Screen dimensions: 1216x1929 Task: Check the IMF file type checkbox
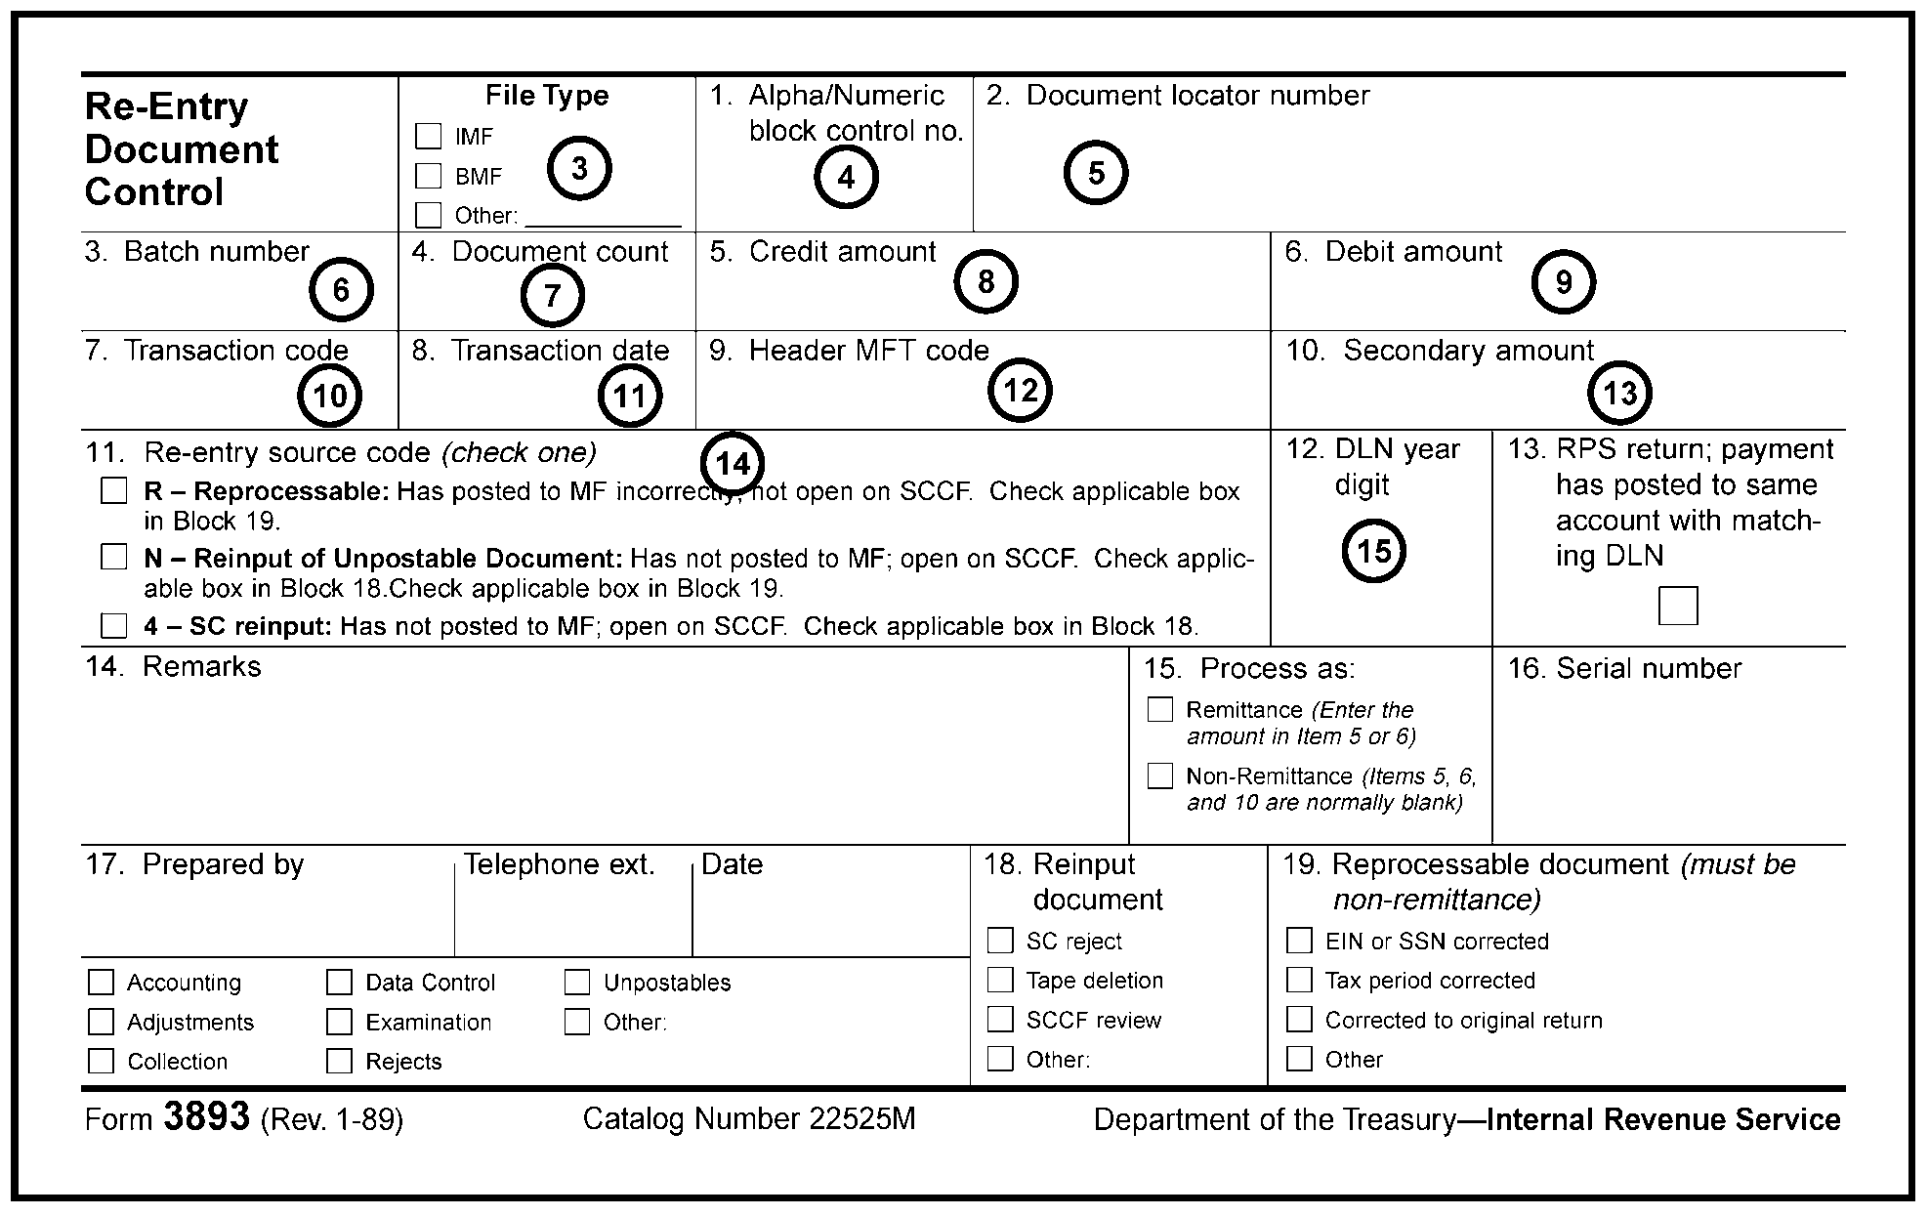tap(429, 136)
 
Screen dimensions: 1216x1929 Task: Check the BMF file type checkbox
tap(429, 176)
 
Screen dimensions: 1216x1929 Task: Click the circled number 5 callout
tap(1096, 173)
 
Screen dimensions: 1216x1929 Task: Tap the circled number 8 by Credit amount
tap(985, 281)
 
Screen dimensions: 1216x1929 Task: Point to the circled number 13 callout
tap(1620, 394)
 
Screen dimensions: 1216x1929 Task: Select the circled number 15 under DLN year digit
tap(1373, 551)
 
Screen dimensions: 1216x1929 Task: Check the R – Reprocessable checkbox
tap(114, 490)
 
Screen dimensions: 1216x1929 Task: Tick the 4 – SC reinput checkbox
tap(114, 625)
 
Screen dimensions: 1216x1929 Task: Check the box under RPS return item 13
tap(1678, 606)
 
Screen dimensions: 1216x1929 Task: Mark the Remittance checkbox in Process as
tap(1159, 709)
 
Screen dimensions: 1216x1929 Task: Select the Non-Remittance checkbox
tap(1159, 776)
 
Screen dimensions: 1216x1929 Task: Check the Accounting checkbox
tap(102, 982)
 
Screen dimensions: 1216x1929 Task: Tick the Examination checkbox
tap(339, 1022)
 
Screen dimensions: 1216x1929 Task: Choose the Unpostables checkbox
tap(577, 982)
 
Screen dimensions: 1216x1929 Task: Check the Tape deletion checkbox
tap(1000, 980)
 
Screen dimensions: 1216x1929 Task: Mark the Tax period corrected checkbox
tap(1299, 980)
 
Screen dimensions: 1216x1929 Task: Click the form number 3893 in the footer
tap(207, 1116)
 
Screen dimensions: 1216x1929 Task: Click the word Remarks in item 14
tap(201, 667)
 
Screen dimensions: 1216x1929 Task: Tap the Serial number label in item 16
tap(1649, 669)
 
